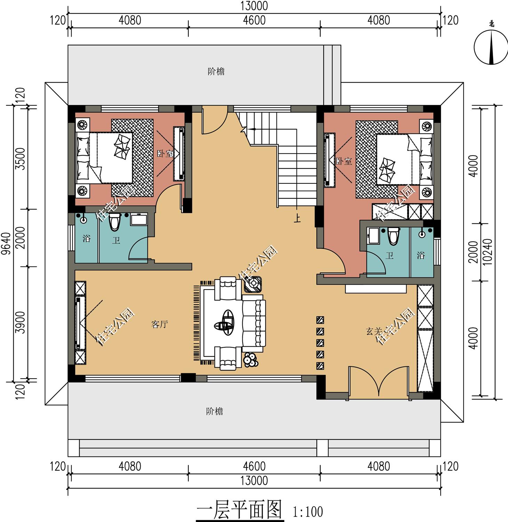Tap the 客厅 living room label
pyautogui.click(x=160, y=324)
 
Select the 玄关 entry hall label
pyautogui.click(x=374, y=331)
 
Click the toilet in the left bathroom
pyautogui.click(x=114, y=222)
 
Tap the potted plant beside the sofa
pyautogui.click(x=250, y=359)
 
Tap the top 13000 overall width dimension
pyautogui.click(x=254, y=6)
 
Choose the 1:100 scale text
pyautogui.click(x=308, y=512)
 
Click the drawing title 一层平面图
pyautogui.click(x=240, y=510)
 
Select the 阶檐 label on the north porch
pyautogui.click(x=216, y=72)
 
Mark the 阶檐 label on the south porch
pyautogui.click(x=215, y=411)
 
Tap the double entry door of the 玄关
pyautogui.click(x=379, y=382)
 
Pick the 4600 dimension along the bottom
pyautogui.click(x=254, y=466)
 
